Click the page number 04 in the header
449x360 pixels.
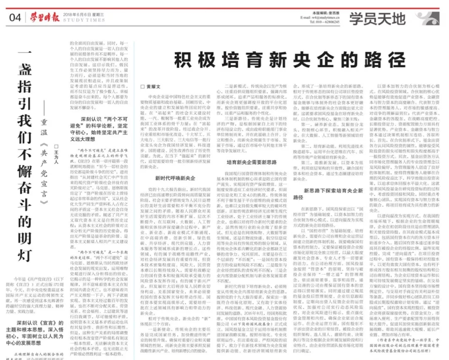coord(15,18)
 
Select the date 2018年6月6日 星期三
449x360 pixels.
coord(82,14)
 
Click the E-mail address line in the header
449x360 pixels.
coord(320,17)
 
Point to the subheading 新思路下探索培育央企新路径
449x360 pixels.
coord(328,194)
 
